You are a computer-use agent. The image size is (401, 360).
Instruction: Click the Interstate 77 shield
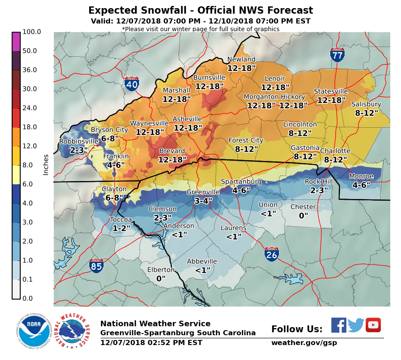(x=337, y=55)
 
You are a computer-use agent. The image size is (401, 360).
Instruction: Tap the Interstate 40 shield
(x=132, y=84)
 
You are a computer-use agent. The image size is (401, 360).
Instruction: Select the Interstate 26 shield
(x=272, y=254)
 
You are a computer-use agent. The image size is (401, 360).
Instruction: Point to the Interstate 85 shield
(x=96, y=266)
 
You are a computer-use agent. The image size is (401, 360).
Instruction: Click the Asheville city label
(x=187, y=119)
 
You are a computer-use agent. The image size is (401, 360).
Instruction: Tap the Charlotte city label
(x=335, y=151)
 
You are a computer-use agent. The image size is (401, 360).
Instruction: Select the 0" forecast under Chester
(x=303, y=216)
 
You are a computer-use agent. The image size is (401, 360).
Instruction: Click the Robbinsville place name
(x=78, y=141)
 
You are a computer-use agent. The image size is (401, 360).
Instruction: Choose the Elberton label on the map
(x=161, y=270)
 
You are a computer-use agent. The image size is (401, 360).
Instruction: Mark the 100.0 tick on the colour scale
(x=32, y=32)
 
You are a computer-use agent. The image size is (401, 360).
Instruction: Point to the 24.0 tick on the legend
(x=32, y=108)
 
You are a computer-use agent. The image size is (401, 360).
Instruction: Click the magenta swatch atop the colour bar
(x=16, y=41)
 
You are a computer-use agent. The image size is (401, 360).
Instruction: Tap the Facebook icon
(x=339, y=325)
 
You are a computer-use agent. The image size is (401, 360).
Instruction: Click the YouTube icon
(x=373, y=325)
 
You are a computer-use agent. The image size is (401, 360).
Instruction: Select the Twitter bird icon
(x=356, y=325)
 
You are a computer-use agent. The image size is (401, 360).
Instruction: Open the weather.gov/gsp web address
(x=304, y=343)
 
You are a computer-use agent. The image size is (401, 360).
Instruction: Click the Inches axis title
(x=46, y=165)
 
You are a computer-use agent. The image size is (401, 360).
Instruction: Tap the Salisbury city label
(x=366, y=105)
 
